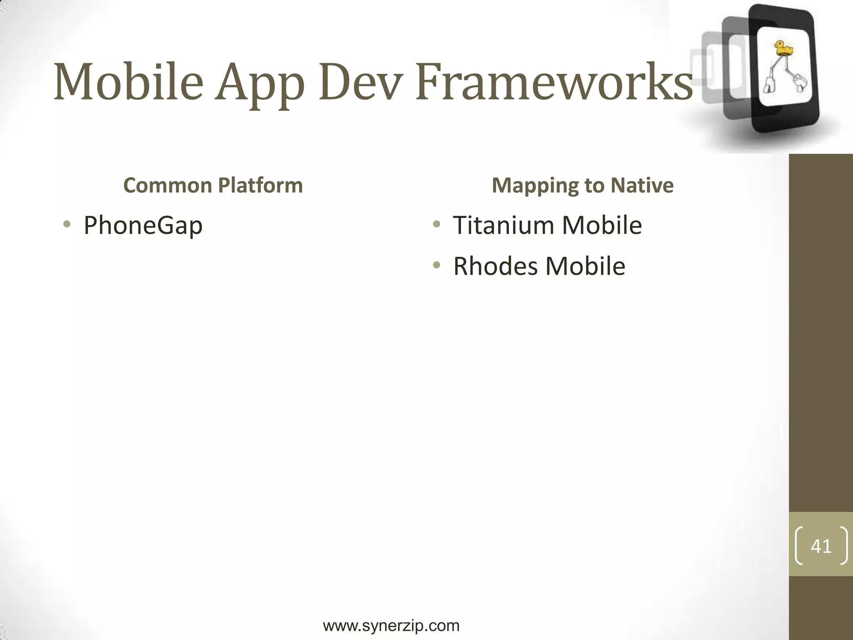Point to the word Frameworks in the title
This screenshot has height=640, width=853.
pyautogui.click(x=554, y=82)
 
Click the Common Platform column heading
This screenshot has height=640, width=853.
pyautogui.click(x=213, y=185)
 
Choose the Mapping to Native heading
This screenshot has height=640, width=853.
pyautogui.click(x=582, y=185)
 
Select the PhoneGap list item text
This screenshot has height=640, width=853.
pyautogui.click(x=143, y=225)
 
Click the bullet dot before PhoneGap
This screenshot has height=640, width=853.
pyautogui.click(x=67, y=225)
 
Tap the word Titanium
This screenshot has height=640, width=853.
pyautogui.click(x=504, y=225)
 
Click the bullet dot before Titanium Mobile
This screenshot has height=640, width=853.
pyautogui.click(x=436, y=225)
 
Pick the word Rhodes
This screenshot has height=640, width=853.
pyautogui.click(x=495, y=266)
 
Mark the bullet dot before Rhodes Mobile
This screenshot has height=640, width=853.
pyautogui.click(x=436, y=265)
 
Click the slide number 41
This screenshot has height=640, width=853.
pyautogui.click(x=821, y=546)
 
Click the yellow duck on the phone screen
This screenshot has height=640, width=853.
pyautogui.click(x=783, y=48)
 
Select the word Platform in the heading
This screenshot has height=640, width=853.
pyautogui.click(x=260, y=185)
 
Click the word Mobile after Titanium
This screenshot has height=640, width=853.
pyautogui.click(x=602, y=225)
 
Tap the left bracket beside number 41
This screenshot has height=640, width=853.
pyautogui.click(x=798, y=546)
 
